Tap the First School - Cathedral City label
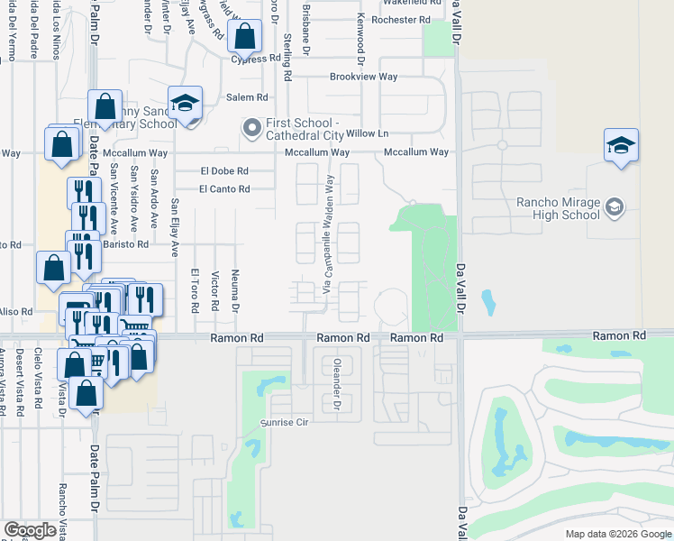point(304,129)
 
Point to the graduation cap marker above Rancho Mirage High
point(621,146)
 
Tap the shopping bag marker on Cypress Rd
point(243,38)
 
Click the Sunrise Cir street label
point(286,422)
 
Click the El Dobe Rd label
point(224,170)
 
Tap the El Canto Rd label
point(224,188)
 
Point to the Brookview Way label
point(363,78)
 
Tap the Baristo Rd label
point(124,244)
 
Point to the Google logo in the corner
point(30,530)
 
